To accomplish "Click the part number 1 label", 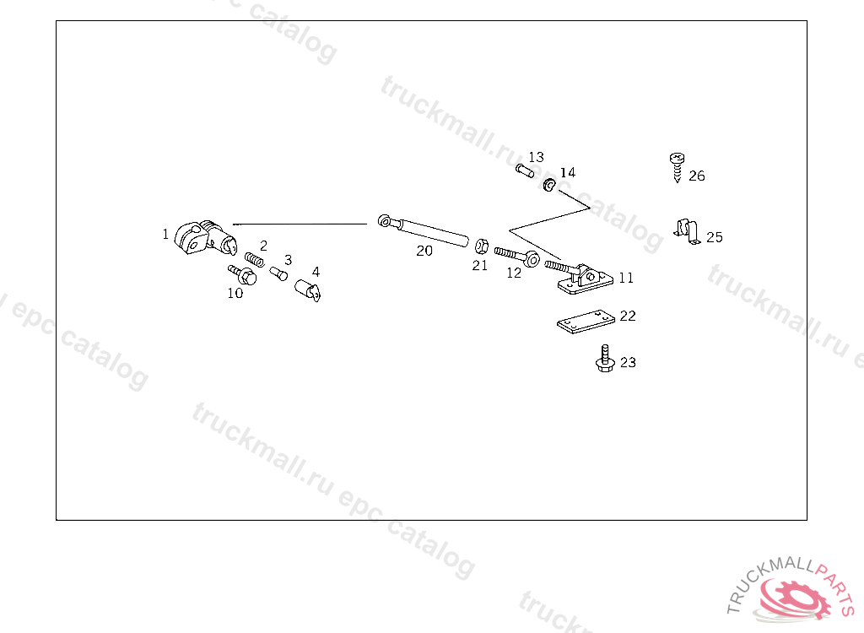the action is tap(166, 234).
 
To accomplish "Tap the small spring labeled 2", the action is tap(255, 258).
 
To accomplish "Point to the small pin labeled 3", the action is tap(280, 273).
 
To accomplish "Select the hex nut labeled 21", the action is tap(480, 247).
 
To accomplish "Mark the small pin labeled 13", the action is tap(523, 172).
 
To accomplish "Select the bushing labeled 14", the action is tap(549, 184).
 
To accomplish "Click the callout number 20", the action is tap(424, 251).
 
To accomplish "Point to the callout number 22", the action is tap(628, 316).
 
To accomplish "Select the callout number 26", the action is tap(697, 176).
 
